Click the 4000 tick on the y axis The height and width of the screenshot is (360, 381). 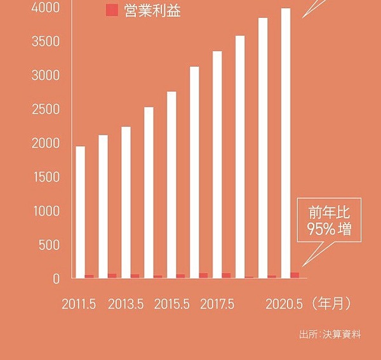(x=48, y=8)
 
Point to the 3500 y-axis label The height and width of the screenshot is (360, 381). (x=48, y=42)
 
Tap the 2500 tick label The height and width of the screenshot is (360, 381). (x=48, y=109)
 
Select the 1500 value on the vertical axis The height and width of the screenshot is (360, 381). (x=48, y=177)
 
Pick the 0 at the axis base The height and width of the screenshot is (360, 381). (x=57, y=278)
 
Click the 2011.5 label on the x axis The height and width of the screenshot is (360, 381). (x=79, y=304)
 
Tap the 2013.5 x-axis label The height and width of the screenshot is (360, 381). (x=125, y=304)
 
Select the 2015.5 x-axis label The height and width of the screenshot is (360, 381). (x=171, y=304)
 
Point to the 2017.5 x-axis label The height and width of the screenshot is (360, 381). (x=217, y=304)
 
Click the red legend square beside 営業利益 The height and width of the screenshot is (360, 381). (x=112, y=10)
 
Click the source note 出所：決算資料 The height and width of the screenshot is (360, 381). (x=330, y=334)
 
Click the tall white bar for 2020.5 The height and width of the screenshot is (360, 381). (x=286, y=143)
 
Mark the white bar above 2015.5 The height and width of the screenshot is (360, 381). (x=171, y=184)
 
